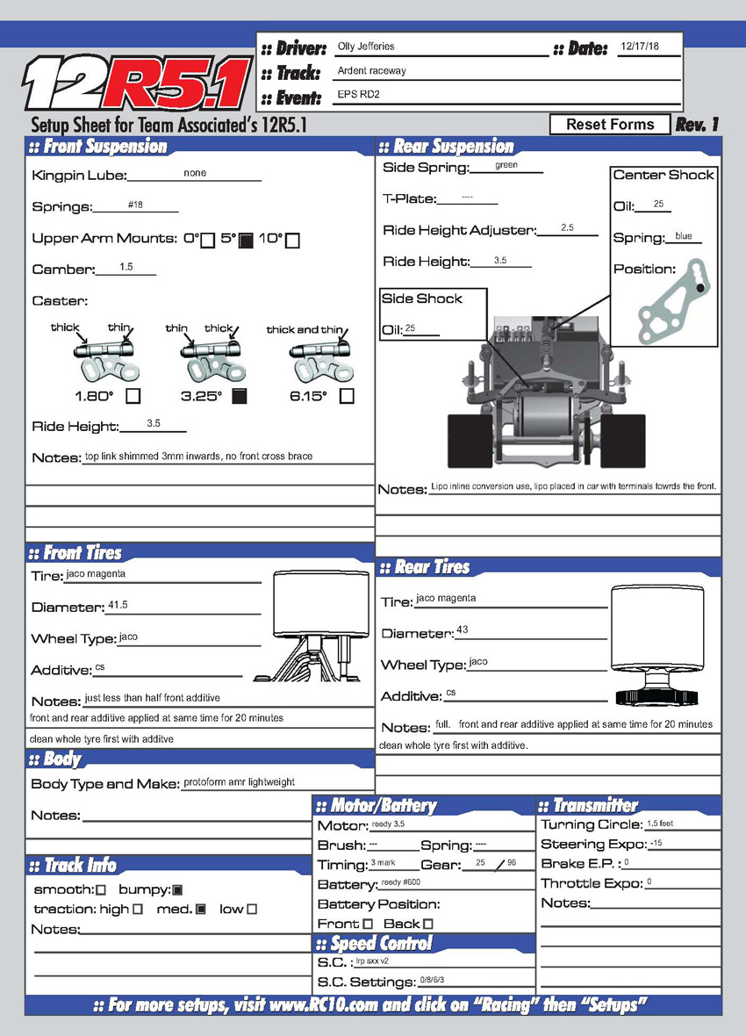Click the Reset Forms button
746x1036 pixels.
[x=610, y=125]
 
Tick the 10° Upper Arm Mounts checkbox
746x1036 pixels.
[x=293, y=240]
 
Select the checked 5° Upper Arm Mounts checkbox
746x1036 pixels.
[x=247, y=240]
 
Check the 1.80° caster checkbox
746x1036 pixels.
[x=133, y=396]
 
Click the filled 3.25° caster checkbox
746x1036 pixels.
[x=239, y=396]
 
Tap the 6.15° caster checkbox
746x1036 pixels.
[x=347, y=396]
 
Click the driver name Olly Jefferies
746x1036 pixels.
[x=366, y=47]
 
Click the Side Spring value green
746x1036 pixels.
[x=506, y=165]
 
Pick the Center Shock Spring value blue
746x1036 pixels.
[x=684, y=236]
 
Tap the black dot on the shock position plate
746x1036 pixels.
[x=700, y=287]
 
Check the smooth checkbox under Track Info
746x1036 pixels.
[x=100, y=890]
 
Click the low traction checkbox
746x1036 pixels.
[x=252, y=910]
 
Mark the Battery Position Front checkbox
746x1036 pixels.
[x=368, y=924]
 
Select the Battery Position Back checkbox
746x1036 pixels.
[x=428, y=924]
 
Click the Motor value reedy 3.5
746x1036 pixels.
[x=388, y=824]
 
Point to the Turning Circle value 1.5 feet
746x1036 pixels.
[x=660, y=824]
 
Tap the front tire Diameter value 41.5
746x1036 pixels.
[x=118, y=606]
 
